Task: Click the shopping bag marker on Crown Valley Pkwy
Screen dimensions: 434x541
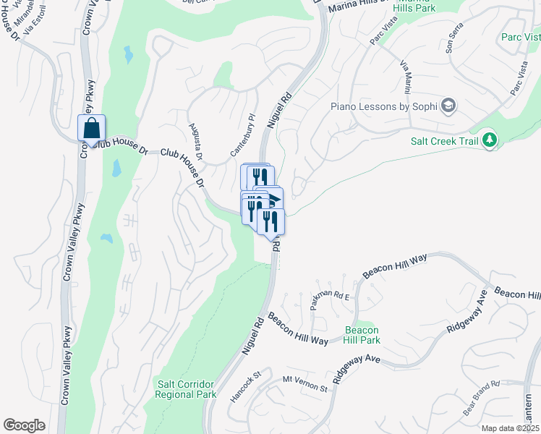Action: pos(92,128)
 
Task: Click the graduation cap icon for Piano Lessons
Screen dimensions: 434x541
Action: pos(448,106)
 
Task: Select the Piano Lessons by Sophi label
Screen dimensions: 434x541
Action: pos(383,106)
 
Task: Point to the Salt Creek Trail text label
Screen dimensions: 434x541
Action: pos(444,141)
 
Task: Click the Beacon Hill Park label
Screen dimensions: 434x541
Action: pos(361,335)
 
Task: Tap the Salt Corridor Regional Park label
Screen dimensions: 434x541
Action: pos(186,389)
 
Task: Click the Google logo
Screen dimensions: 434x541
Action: pos(24,425)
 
